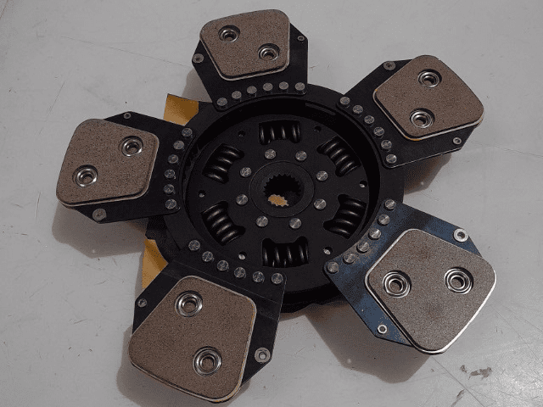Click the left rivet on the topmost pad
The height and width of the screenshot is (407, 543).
(227, 34)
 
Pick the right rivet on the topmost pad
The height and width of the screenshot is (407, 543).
(268, 53)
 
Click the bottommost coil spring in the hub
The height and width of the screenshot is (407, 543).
(284, 253)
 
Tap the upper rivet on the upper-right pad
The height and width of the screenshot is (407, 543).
(430, 79)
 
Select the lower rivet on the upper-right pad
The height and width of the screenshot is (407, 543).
(422, 117)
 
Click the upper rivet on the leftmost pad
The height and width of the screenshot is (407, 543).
(131, 147)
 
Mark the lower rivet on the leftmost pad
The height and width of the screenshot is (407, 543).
(87, 176)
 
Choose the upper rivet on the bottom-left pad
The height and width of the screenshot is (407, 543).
(188, 302)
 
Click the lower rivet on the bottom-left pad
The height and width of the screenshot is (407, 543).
(206, 361)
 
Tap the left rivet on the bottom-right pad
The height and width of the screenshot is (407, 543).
(396, 283)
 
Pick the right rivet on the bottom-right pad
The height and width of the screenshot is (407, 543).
(458, 280)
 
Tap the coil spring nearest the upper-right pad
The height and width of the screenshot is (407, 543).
(338, 156)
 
